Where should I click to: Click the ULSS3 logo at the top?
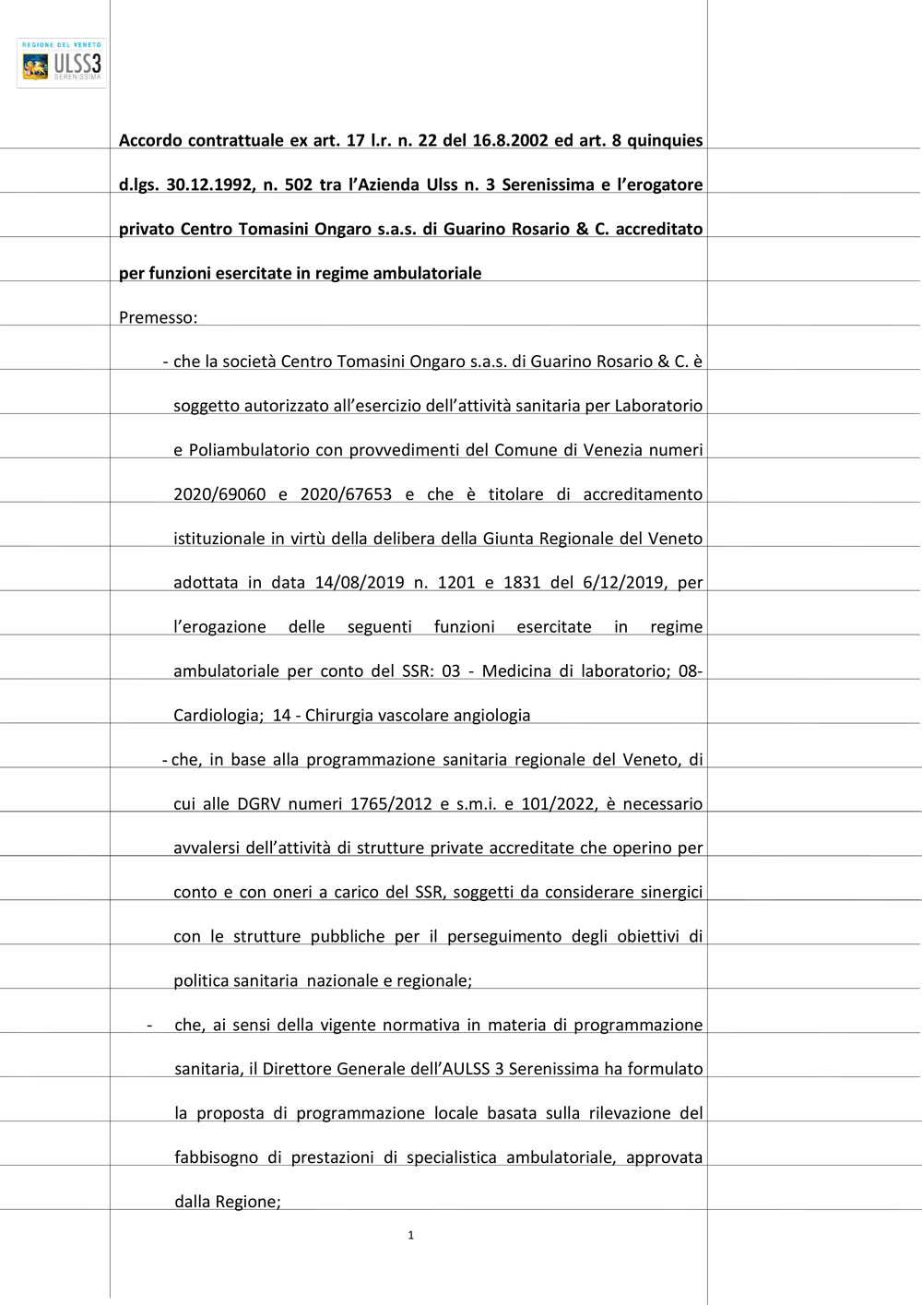[x=62, y=64]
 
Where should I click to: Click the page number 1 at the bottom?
[x=410, y=1235]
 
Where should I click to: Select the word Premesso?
[x=157, y=317]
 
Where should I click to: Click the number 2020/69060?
[x=219, y=494]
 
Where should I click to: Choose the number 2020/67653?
[x=346, y=494]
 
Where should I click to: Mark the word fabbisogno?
[x=217, y=1157]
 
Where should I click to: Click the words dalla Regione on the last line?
[x=227, y=1202]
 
